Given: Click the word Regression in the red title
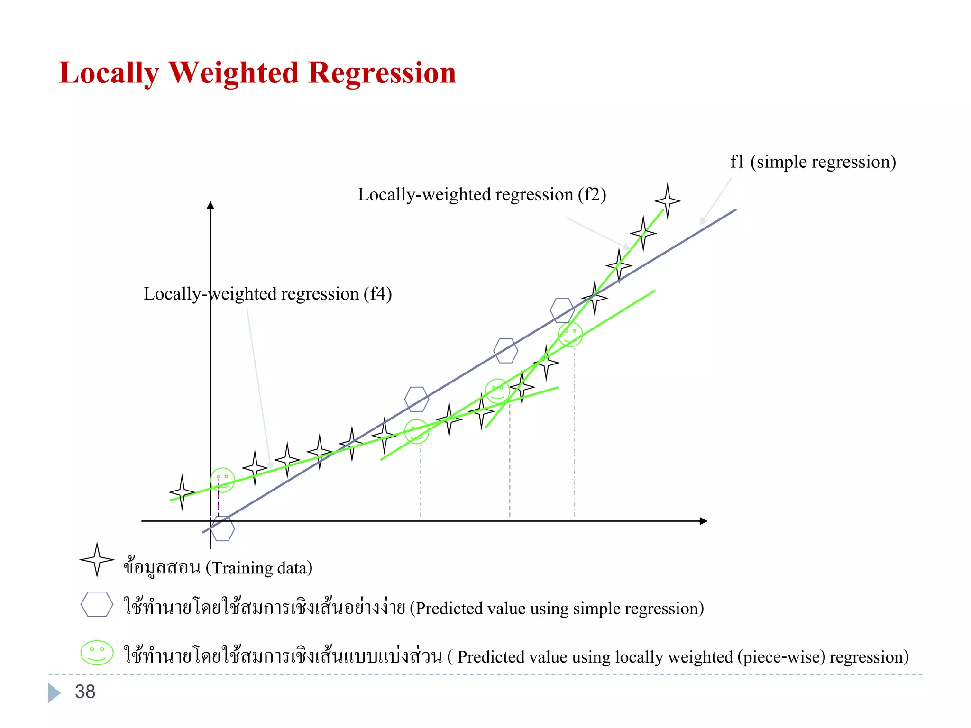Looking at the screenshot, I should coord(382,73).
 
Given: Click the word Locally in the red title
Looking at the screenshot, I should coord(109,74).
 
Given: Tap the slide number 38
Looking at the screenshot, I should coord(85,692).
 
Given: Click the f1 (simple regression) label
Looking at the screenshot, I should coord(813,162).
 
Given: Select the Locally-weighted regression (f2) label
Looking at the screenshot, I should coord(482,195).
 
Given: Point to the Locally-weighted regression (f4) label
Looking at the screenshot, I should coord(267,294).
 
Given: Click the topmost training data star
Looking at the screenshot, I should coord(668,201).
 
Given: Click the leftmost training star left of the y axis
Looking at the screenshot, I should coord(182,492).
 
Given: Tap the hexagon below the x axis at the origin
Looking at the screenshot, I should coord(222,528).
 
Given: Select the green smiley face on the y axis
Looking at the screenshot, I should coord(222,480).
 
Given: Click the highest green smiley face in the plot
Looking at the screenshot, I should coord(570,335).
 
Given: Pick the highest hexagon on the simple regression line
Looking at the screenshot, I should coord(562,310).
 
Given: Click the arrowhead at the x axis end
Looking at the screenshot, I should coord(704,521).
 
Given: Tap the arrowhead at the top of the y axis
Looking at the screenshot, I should coord(211,205).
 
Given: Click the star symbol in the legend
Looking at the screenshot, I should coord(97,560).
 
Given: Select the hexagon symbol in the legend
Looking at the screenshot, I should coord(97,604).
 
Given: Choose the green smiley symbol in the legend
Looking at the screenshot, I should coord(97,653).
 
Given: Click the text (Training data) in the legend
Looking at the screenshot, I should coord(259,568).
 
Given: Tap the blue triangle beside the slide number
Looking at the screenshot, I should coord(54,692).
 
